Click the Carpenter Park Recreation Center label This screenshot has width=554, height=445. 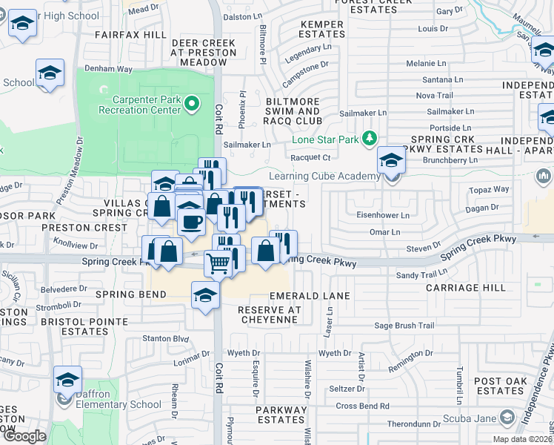pos(146,105)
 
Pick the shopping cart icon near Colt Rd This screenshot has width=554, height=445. pos(216,263)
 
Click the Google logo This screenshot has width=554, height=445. pos(24,436)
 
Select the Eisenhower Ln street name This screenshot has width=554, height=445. pos(384,215)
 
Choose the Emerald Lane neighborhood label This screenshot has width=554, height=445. pos(310,295)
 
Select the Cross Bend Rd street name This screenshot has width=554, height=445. pos(362,406)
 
